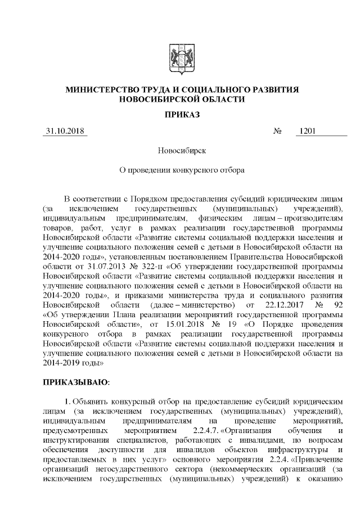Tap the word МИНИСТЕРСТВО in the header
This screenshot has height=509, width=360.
pyautogui.click(x=105, y=89)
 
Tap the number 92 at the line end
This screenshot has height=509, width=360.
pyautogui.click(x=337, y=304)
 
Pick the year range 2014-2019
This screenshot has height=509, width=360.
pyautogui.click(x=62, y=362)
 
